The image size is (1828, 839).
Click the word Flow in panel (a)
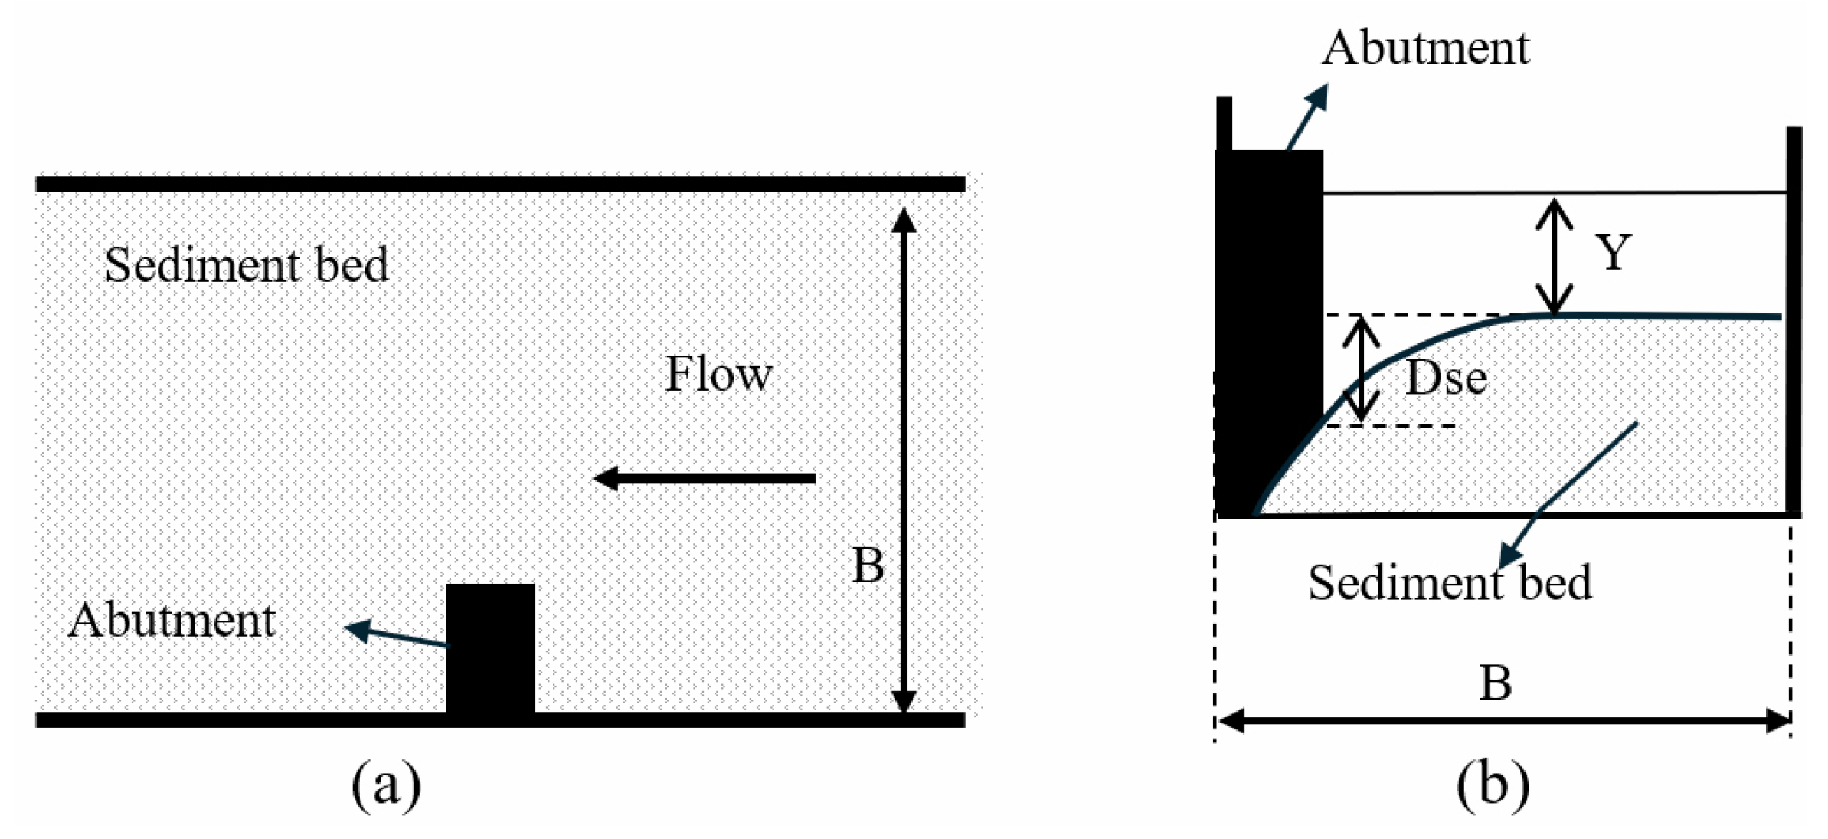tap(718, 374)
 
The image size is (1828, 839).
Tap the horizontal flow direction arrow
tap(705, 479)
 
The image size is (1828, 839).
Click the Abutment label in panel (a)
tap(171, 620)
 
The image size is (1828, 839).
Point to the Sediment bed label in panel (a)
tap(246, 265)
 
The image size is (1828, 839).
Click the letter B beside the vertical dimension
tap(868, 565)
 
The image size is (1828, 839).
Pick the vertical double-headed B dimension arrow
tap(904, 460)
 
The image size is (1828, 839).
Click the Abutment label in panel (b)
tap(1425, 48)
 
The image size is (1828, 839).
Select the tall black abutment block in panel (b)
tap(1269, 306)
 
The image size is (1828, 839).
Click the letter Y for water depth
tap(1613, 251)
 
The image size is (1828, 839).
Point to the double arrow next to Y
tap(1554, 255)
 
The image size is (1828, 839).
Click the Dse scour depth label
tap(1446, 378)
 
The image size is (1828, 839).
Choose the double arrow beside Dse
tap(1361, 369)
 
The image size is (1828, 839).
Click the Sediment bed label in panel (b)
tap(1449, 582)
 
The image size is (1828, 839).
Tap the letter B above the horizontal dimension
tap(1495, 682)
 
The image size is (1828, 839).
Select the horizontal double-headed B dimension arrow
tap(1503, 721)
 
